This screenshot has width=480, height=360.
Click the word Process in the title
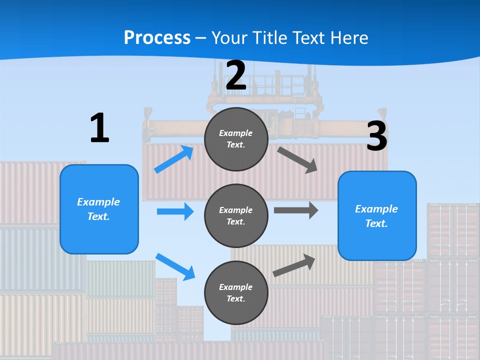pos(157,37)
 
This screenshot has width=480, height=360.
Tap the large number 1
pos(99,128)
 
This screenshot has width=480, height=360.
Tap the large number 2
pos(236,75)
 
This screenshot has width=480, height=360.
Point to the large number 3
pos(376,136)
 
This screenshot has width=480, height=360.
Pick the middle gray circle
pos(236,215)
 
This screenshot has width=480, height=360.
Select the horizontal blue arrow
pos(175,211)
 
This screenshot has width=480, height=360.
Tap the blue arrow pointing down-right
pos(175,266)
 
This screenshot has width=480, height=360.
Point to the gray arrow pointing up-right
pos(294,265)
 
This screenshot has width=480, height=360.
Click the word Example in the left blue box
pos(98,202)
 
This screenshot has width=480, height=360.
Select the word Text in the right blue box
pos(375,223)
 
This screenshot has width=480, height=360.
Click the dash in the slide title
pos(201,38)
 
